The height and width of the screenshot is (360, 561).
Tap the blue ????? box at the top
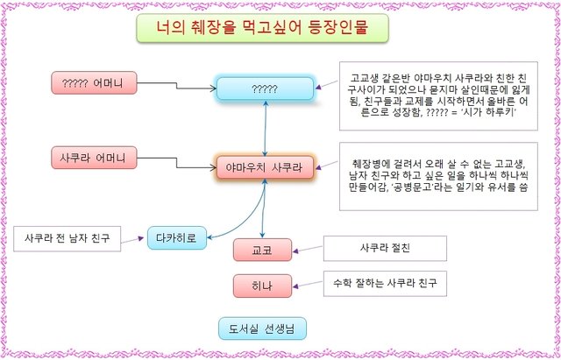pos(265,89)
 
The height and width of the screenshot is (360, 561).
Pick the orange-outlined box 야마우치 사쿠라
pos(265,166)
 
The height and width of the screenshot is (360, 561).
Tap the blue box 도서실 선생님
pos(262,328)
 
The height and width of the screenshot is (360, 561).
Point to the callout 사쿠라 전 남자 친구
pos(68,236)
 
